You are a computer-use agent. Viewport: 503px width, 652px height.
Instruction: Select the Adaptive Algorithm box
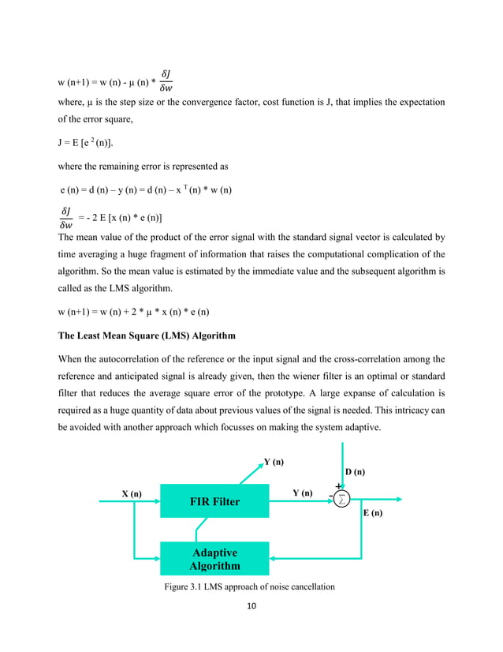pyautogui.click(x=214, y=559)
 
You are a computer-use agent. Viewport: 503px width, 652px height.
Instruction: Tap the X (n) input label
pyautogui.click(x=132, y=493)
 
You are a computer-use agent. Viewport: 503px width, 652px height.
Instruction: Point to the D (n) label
pyautogui.click(x=356, y=472)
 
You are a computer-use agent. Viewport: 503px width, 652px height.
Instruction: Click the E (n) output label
pyautogui.click(x=373, y=512)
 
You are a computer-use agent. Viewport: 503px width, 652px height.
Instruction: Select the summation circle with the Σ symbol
pyautogui.click(x=341, y=499)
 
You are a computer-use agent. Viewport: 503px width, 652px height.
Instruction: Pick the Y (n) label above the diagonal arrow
pyautogui.click(x=274, y=462)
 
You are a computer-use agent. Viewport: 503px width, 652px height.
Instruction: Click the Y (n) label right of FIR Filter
pyautogui.click(x=302, y=493)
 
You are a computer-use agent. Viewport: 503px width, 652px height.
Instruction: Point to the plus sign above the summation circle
pyautogui.click(x=339, y=486)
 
